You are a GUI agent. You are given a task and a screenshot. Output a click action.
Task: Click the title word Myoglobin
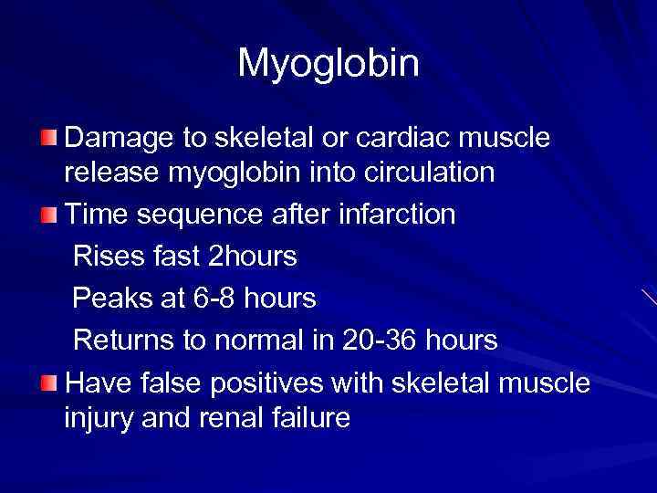[328, 64]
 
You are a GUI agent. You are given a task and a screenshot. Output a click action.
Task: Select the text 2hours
[253, 257]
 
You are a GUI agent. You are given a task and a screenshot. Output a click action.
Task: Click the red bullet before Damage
[48, 139]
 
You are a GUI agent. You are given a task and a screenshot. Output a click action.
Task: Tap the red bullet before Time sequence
[48, 215]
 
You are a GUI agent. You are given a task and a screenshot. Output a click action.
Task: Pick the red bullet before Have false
[48, 383]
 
